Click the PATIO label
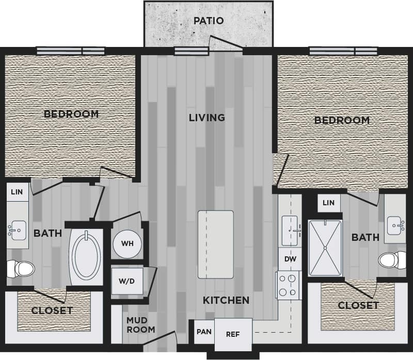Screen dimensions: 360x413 [x=209, y=21]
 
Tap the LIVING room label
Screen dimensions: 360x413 [x=206, y=118]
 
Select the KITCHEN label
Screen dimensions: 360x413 [x=226, y=300]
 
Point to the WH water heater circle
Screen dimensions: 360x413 [x=126, y=243]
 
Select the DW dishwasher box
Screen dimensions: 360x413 [x=290, y=259]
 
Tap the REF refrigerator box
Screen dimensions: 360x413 [x=233, y=334]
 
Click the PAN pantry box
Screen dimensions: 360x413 [x=204, y=332]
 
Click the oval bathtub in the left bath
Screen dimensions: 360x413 [x=86, y=255]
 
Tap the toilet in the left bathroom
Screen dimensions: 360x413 [x=20, y=268]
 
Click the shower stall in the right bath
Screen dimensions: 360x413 [x=325, y=248]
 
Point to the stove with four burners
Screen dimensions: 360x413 [x=289, y=285]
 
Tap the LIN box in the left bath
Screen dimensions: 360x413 [x=17, y=192]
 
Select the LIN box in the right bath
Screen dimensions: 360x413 [x=328, y=203]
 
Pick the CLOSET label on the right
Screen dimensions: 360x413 [x=358, y=306]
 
